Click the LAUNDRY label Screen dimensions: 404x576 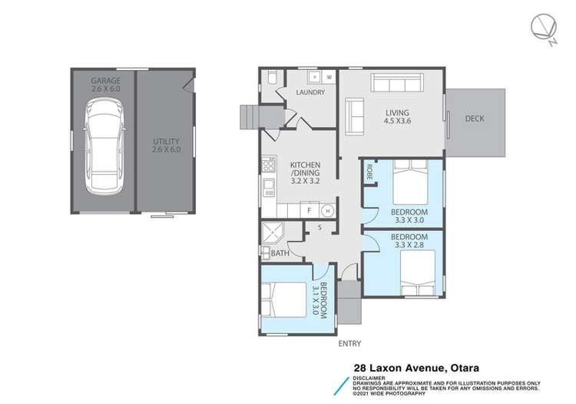coord(310,92)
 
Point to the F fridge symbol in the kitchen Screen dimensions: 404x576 coord(309,210)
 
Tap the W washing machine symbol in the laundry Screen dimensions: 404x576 coord(328,77)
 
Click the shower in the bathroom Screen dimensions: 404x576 coord(273,234)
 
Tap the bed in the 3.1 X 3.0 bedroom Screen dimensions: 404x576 coord(280,300)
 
